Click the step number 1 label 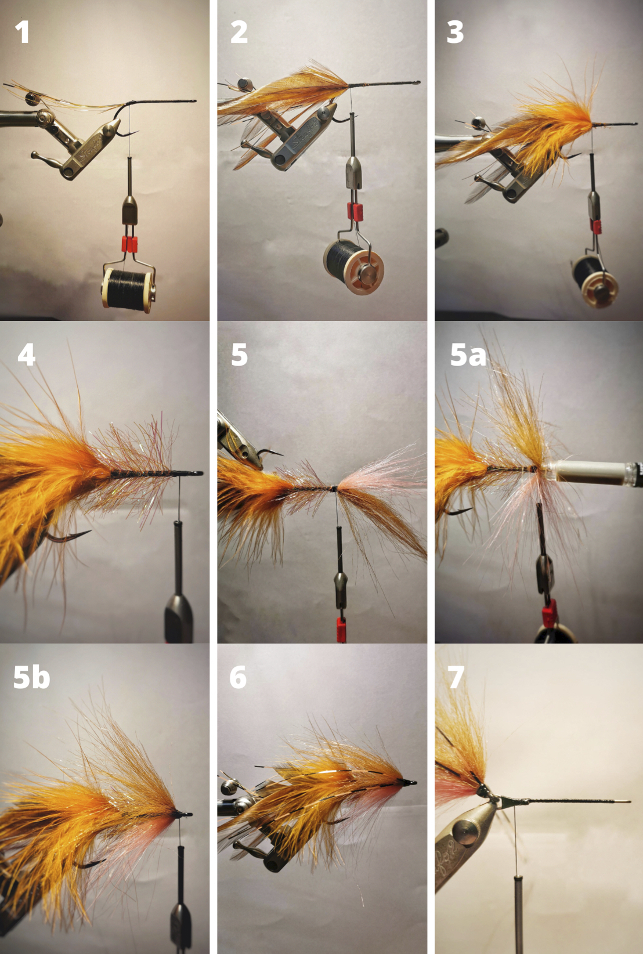[x=21, y=32]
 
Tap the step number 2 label [x=239, y=32]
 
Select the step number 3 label [x=455, y=32]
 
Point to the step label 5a [x=468, y=356]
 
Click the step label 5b [x=31, y=678]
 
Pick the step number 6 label [x=238, y=678]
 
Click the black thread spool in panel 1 [x=128, y=290]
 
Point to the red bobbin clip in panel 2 [x=355, y=212]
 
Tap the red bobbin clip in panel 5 [x=341, y=629]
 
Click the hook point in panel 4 [x=87, y=532]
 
